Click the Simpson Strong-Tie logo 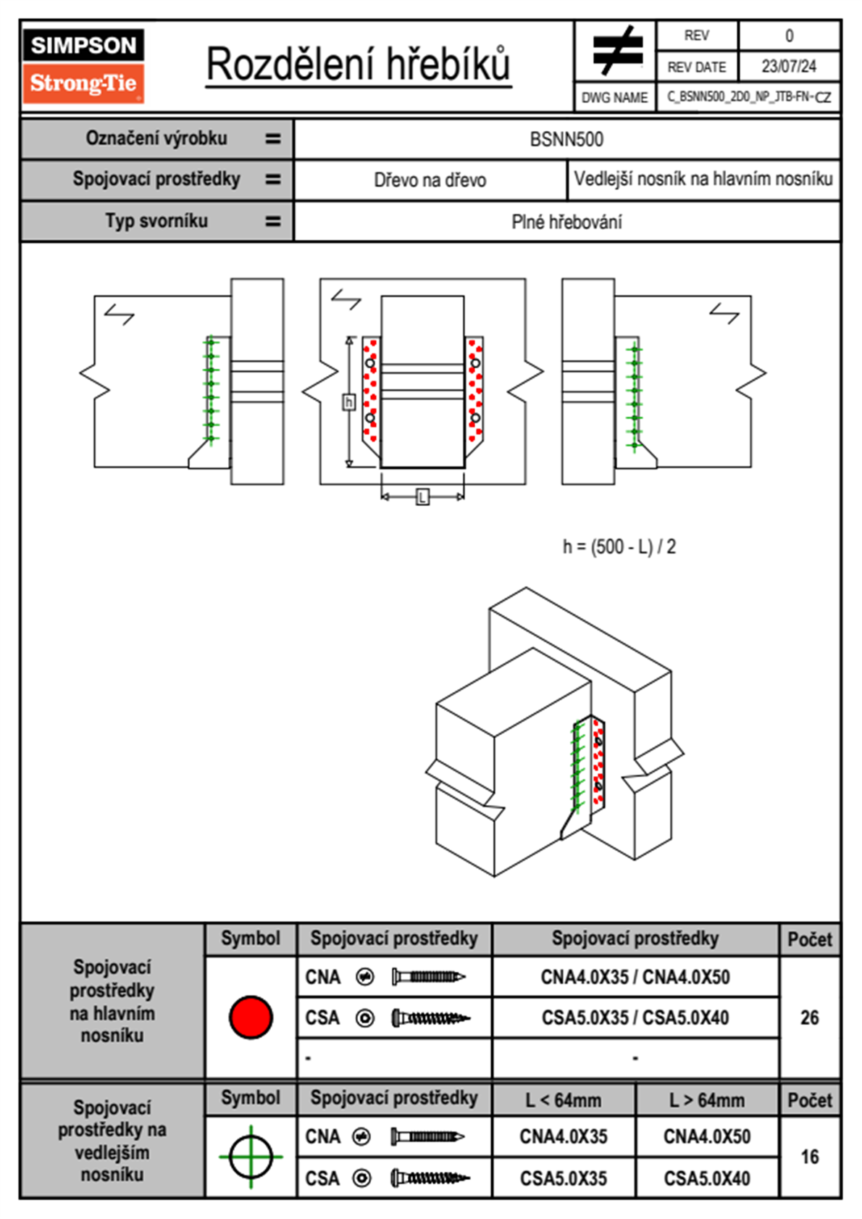point(83,66)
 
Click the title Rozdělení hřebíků point(359,65)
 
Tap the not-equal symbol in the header point(616,51)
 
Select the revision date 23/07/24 point(788,67)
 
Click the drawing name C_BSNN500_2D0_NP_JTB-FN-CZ point(748,97)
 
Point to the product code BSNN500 point(566,139)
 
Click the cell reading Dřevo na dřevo point(430,180)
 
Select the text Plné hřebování point(566,222)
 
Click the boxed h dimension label point(349,402)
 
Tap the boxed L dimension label point(422,497)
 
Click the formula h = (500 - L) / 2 point(619,546)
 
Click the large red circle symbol point(251,1017)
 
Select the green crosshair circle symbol point(251,1157)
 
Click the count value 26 point(809,1018)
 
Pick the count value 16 point(809,1157)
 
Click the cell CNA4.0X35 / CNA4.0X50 point(635,977)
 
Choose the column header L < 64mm point(564,1100)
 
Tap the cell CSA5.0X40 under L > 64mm point(707,1178)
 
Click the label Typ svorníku point(156,221)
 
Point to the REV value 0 point(789,36)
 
